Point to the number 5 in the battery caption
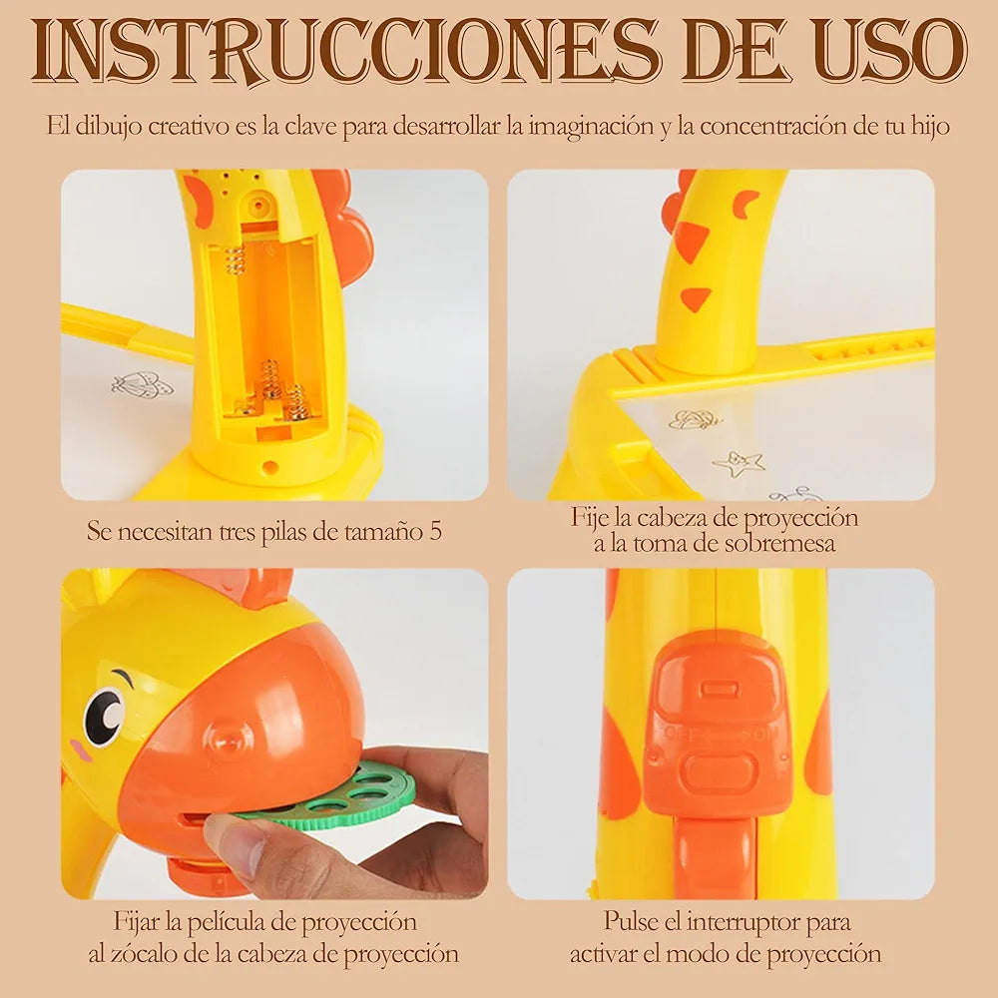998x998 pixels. [435, 531]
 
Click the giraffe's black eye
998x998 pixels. [104, 716]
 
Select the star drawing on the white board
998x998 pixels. [739, 463]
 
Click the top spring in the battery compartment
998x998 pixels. [236, 259]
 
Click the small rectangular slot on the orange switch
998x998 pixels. [718, 689]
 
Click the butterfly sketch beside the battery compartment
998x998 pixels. [142, 385]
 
